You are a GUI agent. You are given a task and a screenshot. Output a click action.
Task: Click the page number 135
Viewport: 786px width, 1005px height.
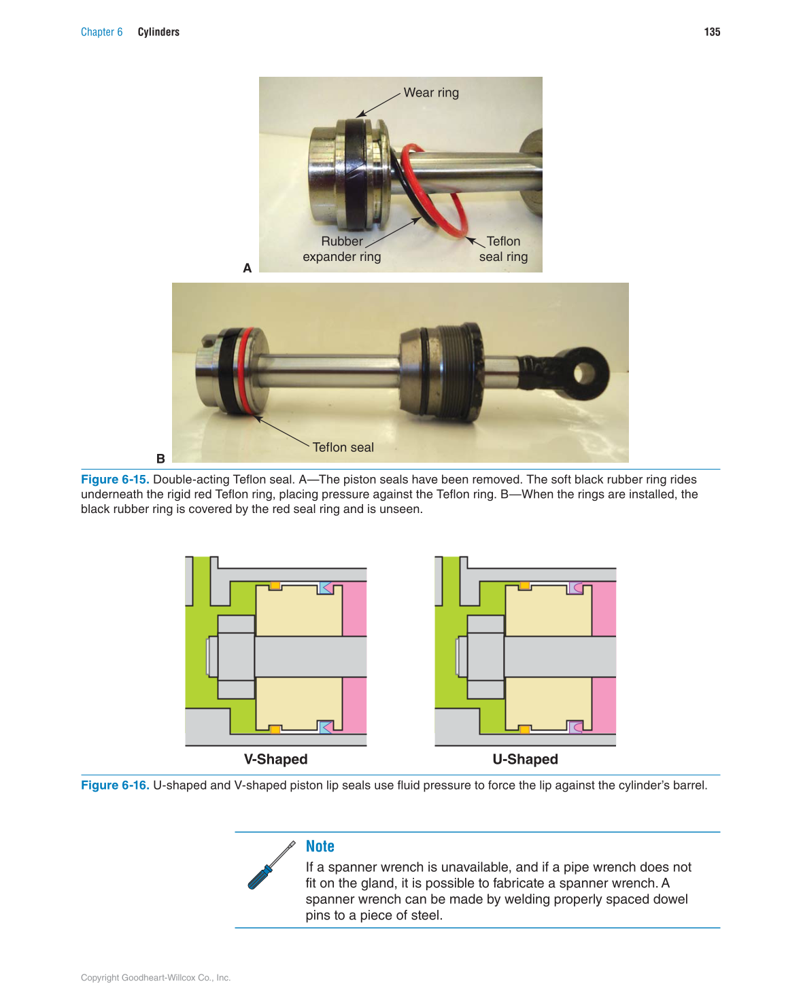pyautogui.click(x=712, y=32)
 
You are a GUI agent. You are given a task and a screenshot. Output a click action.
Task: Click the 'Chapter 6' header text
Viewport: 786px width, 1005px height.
pyautogui.click(x=101, y=32)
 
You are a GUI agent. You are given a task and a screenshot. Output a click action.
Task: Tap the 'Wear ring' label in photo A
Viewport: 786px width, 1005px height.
pyautogui.click(x=431, y=92)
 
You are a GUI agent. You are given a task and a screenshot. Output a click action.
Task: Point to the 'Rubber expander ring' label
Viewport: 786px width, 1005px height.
pyautogui.click(x=341, y=249)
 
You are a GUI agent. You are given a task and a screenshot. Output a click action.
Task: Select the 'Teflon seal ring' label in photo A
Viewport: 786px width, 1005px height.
pyautogui.click(x=503, y=249)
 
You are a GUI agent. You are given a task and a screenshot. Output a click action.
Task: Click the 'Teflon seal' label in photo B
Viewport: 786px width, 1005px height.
pyautogui.click(x=343, y=447)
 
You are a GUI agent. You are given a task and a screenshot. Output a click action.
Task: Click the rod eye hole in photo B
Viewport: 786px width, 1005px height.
pyautogui.click(x=584, y=372)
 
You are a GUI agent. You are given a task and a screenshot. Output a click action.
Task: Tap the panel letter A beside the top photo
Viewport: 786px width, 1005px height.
pyautogui.click(x=247, y=268)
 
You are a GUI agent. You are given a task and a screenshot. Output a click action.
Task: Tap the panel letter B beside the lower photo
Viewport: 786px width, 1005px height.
pyautogui.click(x=160, y=459)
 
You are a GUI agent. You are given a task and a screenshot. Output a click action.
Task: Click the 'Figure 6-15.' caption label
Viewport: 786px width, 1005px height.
pyautogui.click(x=115, y=479)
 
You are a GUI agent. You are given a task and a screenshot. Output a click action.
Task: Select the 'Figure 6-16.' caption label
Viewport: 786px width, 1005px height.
pyautogui.click(x=115, y=785)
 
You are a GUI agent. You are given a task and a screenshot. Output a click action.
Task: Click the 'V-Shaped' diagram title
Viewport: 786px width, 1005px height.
pyautogui.click(x=275, y=759)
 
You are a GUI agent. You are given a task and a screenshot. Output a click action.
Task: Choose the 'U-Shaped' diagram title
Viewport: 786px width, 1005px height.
pyautogui.click(x=525, y=759)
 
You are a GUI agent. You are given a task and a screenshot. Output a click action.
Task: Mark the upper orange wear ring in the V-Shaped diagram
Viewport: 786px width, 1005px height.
pyautogui.click(x=275, y=585)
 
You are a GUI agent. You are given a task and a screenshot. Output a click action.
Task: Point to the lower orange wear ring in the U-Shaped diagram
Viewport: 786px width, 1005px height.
pyautogui.click(x=525, y=730)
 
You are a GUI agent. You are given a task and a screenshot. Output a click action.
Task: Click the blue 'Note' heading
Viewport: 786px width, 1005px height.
pyautogui.click(x=320, y=846)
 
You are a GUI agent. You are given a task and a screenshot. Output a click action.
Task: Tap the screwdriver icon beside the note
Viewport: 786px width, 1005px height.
pyautogui.click(x=271, y=865)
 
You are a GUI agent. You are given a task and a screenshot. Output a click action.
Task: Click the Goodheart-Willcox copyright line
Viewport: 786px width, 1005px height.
pyautogui.click(x=156, y=978)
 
